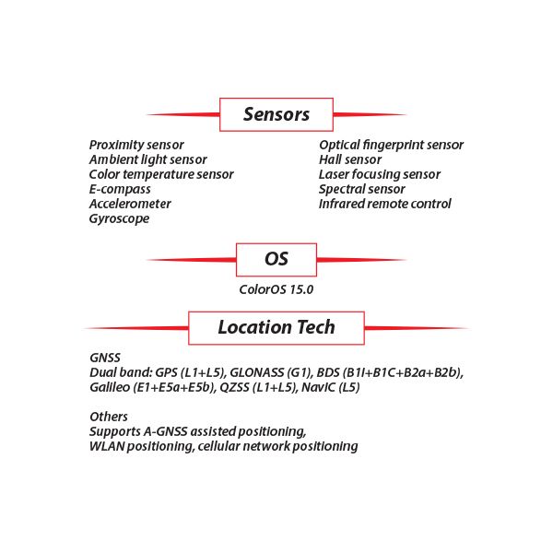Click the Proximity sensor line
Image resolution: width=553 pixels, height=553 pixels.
(136, 145)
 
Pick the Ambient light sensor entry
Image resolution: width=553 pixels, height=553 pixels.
(147, 159)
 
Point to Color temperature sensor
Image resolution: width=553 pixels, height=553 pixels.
(161, 174)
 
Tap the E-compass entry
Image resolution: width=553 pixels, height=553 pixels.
(120, 189)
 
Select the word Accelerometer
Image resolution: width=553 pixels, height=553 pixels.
(130, 204)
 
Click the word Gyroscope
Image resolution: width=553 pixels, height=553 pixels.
(119, 219)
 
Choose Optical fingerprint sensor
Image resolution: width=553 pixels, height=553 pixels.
(391, 145)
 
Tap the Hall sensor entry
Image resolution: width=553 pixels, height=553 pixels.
(350, 159)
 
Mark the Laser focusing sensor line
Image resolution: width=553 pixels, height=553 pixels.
(380, 174)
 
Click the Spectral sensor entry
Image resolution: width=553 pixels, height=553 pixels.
(362, 189)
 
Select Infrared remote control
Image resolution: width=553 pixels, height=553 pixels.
(384, 204)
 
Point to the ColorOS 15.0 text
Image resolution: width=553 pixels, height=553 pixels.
(276, 289)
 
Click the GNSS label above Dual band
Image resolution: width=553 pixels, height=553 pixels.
(105, 358)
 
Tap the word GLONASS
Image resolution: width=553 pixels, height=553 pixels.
(257, 372)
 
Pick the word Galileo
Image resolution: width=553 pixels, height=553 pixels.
(110, 388)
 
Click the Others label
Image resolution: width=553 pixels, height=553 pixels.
(109, 417)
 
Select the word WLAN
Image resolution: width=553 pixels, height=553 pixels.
(107, 446)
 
